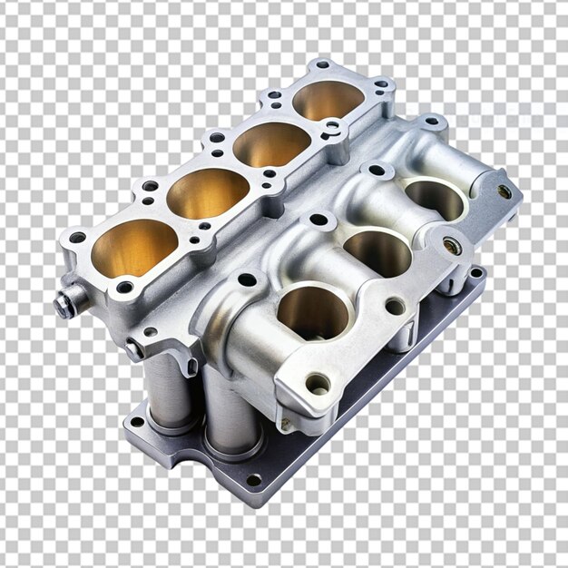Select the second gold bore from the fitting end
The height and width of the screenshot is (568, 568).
pyautogui.click(x=208, y=192)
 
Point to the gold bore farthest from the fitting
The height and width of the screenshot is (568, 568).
pyautogui.click(x=328, y=100)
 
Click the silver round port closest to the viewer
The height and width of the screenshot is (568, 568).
pyautogui.click(x=312, y=312)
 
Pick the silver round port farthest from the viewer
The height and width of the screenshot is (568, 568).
pyautogui.click(x=434, y=199)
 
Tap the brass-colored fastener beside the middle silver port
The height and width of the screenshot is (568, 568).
pyautogui.click(x=451, y=246)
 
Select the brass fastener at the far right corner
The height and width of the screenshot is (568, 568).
pyautogui.click(x=504, y=192)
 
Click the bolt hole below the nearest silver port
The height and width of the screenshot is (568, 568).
pyautogui.click(x=317, y=384)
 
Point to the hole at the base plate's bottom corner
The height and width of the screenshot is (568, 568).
pyautogui.click(x=253, y=479)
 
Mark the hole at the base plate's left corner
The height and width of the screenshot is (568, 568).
pyautogui.click(x=136, y=422)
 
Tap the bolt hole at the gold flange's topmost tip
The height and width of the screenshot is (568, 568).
pyautogui.click(x=322, y=66)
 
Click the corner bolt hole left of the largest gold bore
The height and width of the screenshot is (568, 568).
pyautogui.click(x=78, y=238)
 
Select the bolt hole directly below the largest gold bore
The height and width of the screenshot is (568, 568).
pyautogui.click(x=124, y=288)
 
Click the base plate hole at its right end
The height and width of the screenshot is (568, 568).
pyautogui.click(x=475, y=272)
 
